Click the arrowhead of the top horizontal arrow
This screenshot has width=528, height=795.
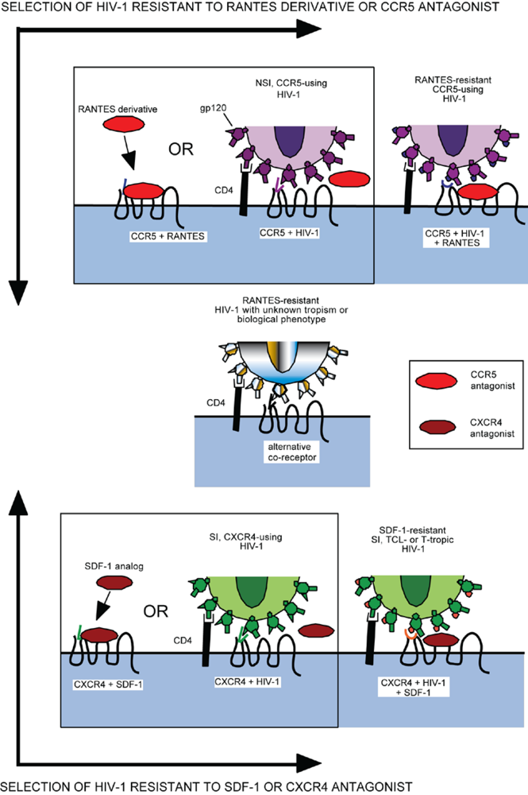pos(304,30)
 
